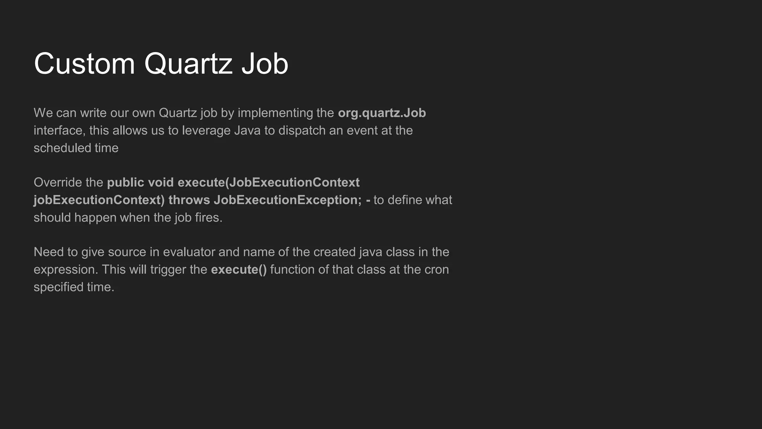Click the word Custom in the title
(x=84, y=64)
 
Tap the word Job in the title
(x=265, y=64)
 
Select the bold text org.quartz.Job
(x=382, y=113)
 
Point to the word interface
(x=58, y=130)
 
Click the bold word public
(x=125, y=182)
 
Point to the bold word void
(x=161, y=182)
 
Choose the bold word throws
(x=189, y=200)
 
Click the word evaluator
(x=189, y=252)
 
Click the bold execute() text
(x=239, y=270)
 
